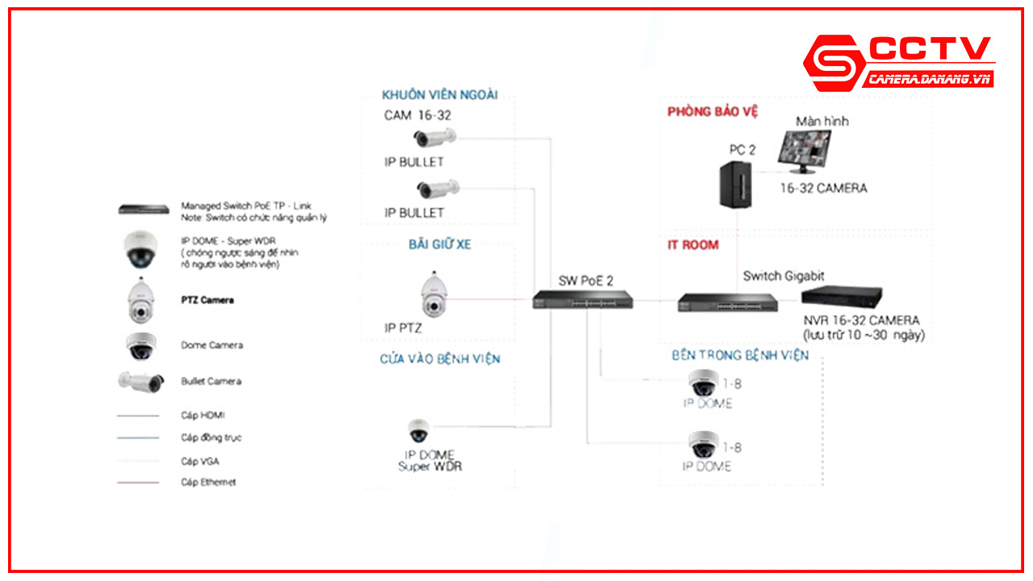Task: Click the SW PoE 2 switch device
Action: coord(583,299)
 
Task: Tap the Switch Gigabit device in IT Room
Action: coord(727,302)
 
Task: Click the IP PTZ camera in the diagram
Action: coord(433,295)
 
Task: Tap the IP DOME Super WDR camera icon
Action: coord(418,430)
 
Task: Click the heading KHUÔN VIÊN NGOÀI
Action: coord(440,95)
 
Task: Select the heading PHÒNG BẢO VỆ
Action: coord(713,112)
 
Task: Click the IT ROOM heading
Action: coord(692,245)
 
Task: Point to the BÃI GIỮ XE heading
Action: coord(439,245)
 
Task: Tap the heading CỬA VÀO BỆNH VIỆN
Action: coord(440,358)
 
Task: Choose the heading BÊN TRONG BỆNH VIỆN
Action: coord(739,355)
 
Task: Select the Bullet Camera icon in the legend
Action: coord(141,381)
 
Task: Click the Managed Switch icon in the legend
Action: coord(144,209)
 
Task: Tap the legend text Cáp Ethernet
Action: coord(208,483)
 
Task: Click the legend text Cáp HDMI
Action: coord(203,416)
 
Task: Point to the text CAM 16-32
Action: coord(417,115)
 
